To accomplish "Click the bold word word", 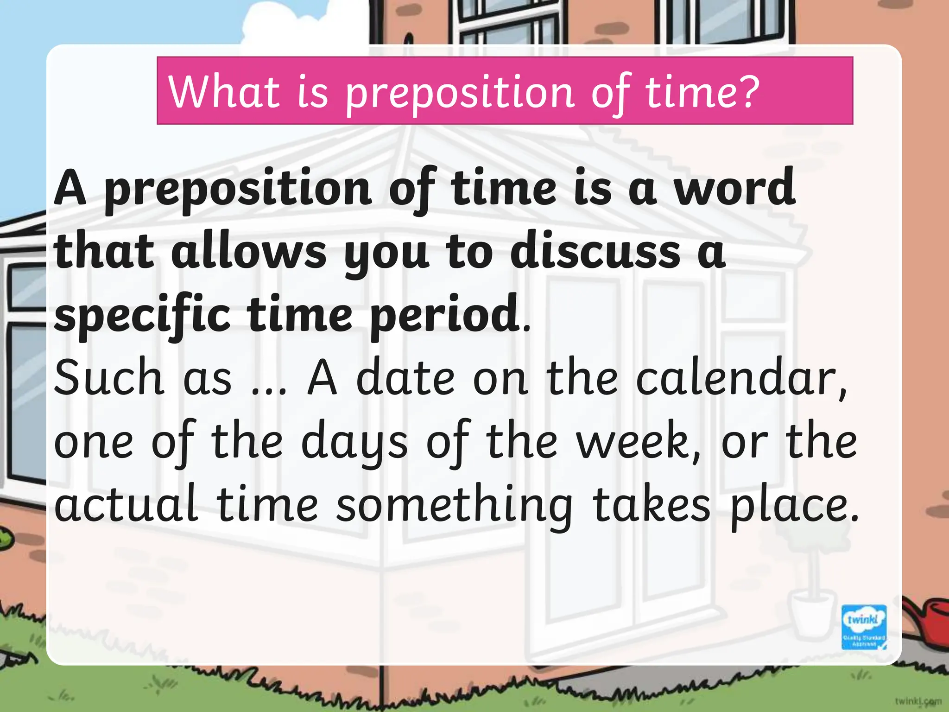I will click(735, 188).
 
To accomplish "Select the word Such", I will click(109, 377).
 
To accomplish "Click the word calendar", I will click(741, 378).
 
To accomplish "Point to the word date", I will click(405, 377).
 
